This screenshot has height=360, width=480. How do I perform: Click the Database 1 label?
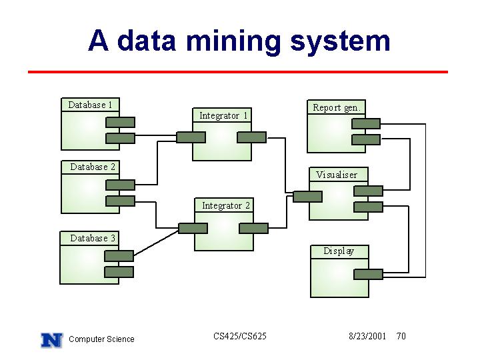coord(90,105)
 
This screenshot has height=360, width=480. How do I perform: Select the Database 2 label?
coord(93,167)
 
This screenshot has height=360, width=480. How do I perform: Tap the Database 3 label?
coord(93,238)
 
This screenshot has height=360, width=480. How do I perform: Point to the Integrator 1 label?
coord(223,116)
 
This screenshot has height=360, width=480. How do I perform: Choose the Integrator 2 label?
coord(226,206)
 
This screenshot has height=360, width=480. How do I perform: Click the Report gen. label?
coord(337,108)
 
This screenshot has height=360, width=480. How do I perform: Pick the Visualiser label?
coord(337,175)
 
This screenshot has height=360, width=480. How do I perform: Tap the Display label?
coord(339,251)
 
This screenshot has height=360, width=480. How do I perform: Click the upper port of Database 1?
coord(120,123)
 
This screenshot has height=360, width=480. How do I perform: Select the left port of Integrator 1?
coord(191,137)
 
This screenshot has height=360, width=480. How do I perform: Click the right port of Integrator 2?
coord(253,229)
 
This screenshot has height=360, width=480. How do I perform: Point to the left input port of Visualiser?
coord(307,197)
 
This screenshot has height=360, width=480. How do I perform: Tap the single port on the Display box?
coord(368,274)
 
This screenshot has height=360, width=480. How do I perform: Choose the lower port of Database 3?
coord(119,272)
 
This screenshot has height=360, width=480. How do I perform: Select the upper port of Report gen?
coord(366,124)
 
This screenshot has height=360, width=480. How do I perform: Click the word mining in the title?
coord(233,41)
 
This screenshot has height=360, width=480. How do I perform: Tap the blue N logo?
coord(52,341)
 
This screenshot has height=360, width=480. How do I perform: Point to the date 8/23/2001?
coord(367,336)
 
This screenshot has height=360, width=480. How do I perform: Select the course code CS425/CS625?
coord(240,336)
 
